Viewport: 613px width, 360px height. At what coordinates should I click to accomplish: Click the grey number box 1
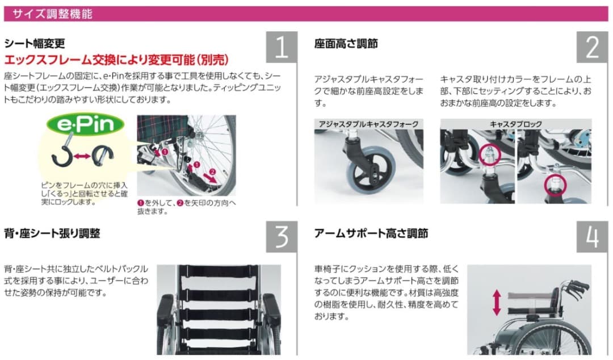pyautogui.click(x=282, y=47)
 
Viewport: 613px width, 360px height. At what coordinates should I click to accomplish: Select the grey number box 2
pyautogui.click(x=592, y=47)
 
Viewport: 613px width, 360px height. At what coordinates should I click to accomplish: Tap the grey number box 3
pyautogui.click(x=282, y=237)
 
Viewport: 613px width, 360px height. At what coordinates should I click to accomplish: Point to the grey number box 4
pyautogui.click(x=592, y=237)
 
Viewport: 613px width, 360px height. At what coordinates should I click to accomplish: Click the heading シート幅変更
pyautogui.click(x=35, y=44)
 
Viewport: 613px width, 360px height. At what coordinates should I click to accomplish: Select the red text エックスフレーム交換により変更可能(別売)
pyautogui.click(x=116, y=60)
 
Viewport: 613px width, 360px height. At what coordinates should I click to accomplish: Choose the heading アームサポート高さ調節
pyautogui.click(x=371, y=233)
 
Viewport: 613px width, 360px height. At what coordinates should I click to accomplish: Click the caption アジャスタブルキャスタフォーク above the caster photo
pyautogui.click(x=369, y=124)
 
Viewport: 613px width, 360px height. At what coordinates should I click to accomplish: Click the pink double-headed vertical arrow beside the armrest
pyautogui.click(x=497, y=303)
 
